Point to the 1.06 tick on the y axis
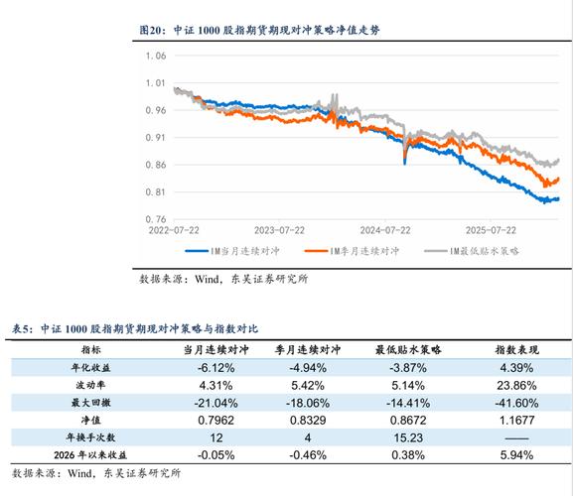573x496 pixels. pyautogui.click(x=154, y=56)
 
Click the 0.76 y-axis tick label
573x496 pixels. pyautogui.click(x=154, y=219)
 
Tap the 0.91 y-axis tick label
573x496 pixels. pyautogui.click(x=154, y=138)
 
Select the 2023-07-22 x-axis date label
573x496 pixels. pyautogui.click(x=279, y=230)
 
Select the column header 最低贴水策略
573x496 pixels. pyautogui.click(x=408, y=350)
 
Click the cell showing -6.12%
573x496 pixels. pyautogui.click(x=216, y=367)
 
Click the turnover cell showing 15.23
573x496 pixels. pyautogui.click(x=408, y=437)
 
